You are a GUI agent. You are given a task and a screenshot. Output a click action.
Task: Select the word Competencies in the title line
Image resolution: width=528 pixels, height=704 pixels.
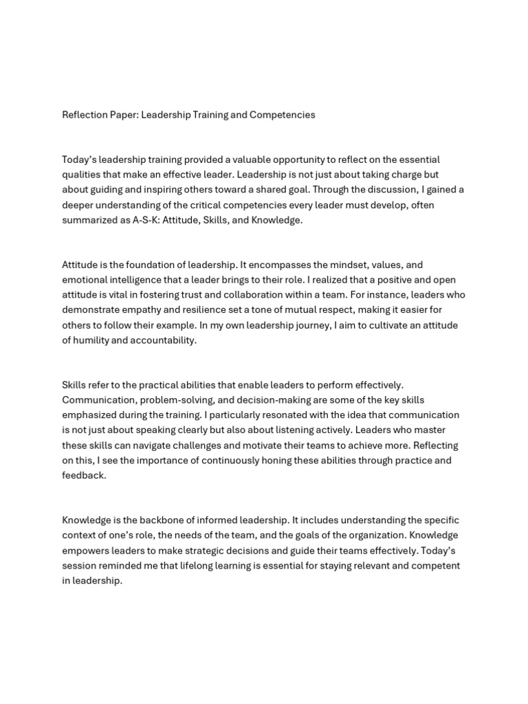click(283, 115)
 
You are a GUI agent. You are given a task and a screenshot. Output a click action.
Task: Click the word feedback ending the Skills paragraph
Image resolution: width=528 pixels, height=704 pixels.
click(83, 475)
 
